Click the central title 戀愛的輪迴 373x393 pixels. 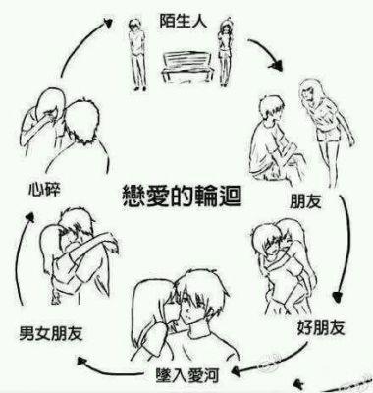pyautogui.click(x=182, y=196)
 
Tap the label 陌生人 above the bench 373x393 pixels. pyautogui.click(x=184, y=21)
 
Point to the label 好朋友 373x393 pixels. pyautogui.click(x=321, y=327)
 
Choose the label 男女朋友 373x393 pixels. pyautogui.click(x=51, y=333)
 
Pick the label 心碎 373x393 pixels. pyautogui.click(x=44, y=189)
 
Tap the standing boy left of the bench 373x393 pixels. pyautogui.click(x=138, y=54)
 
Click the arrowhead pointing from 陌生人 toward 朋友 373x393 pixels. pyautogui.click(x=276, y=64)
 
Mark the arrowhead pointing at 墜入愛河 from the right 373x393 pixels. pyautogui.click(x=236, y=371)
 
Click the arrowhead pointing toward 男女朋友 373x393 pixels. pyautogui.click(x=81, y=361)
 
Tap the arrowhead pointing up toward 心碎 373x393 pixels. pyautogui.click(x=30, y=217)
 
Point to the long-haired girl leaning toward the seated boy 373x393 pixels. pyautogui.click(x=327, y=131)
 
